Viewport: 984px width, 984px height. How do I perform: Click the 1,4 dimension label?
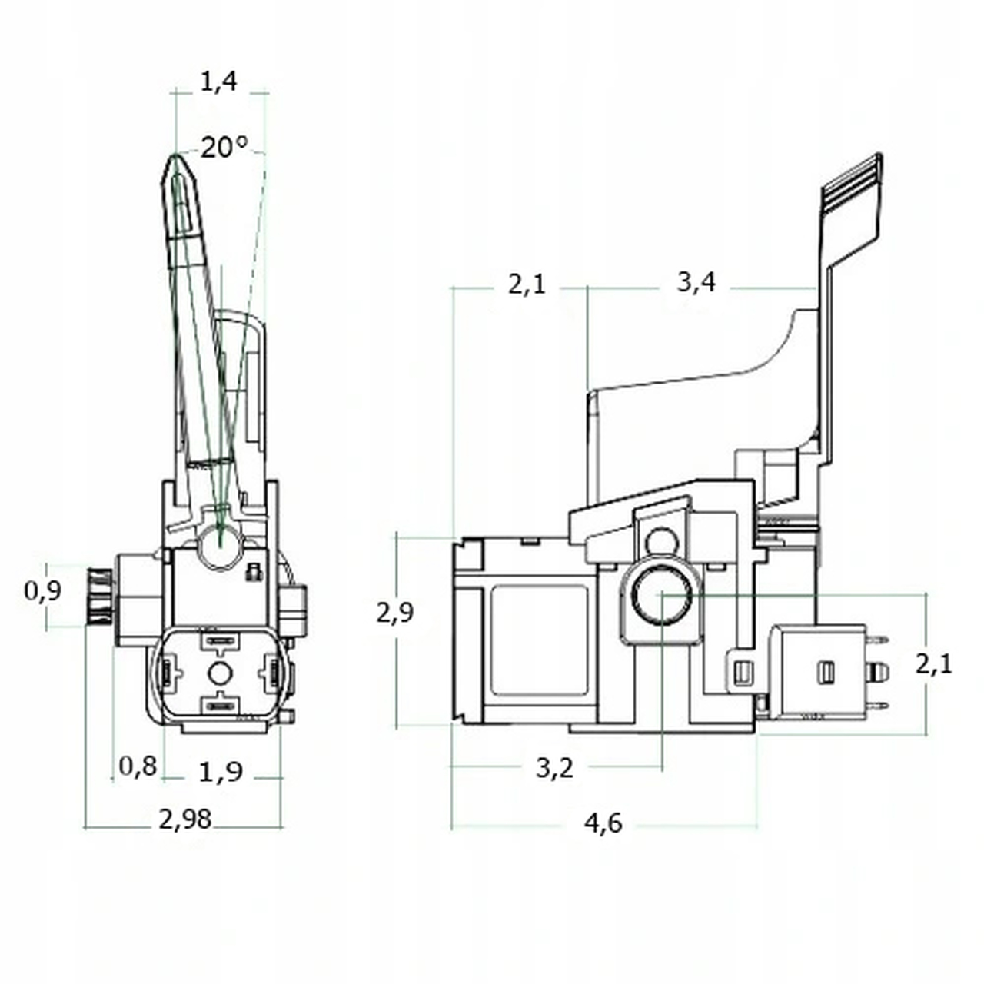[x=219, y=81]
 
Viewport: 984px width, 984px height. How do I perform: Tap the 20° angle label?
[x=224, y=147]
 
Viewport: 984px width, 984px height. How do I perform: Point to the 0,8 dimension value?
[x=138, y=766]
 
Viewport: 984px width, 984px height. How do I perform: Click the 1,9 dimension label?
[x=221, y=771]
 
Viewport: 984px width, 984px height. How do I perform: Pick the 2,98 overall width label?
[x=185, y=819]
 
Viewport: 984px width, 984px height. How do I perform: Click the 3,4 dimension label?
[x=696, y=282]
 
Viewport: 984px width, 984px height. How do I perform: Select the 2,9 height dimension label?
[x=395, y=613]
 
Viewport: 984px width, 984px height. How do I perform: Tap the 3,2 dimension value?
[x=555, y=767]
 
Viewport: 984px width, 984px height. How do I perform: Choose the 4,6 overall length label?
[x=603, y=823]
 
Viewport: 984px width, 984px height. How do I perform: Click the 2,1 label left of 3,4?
[x=527, y=284]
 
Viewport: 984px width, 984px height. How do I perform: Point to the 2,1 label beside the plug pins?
[x=933, y=663]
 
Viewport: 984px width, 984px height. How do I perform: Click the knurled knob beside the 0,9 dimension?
[x=99, y=596]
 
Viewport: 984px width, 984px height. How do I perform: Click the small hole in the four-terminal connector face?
[x=220, y=673]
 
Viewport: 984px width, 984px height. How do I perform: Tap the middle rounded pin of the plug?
[x=877, y=673]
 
